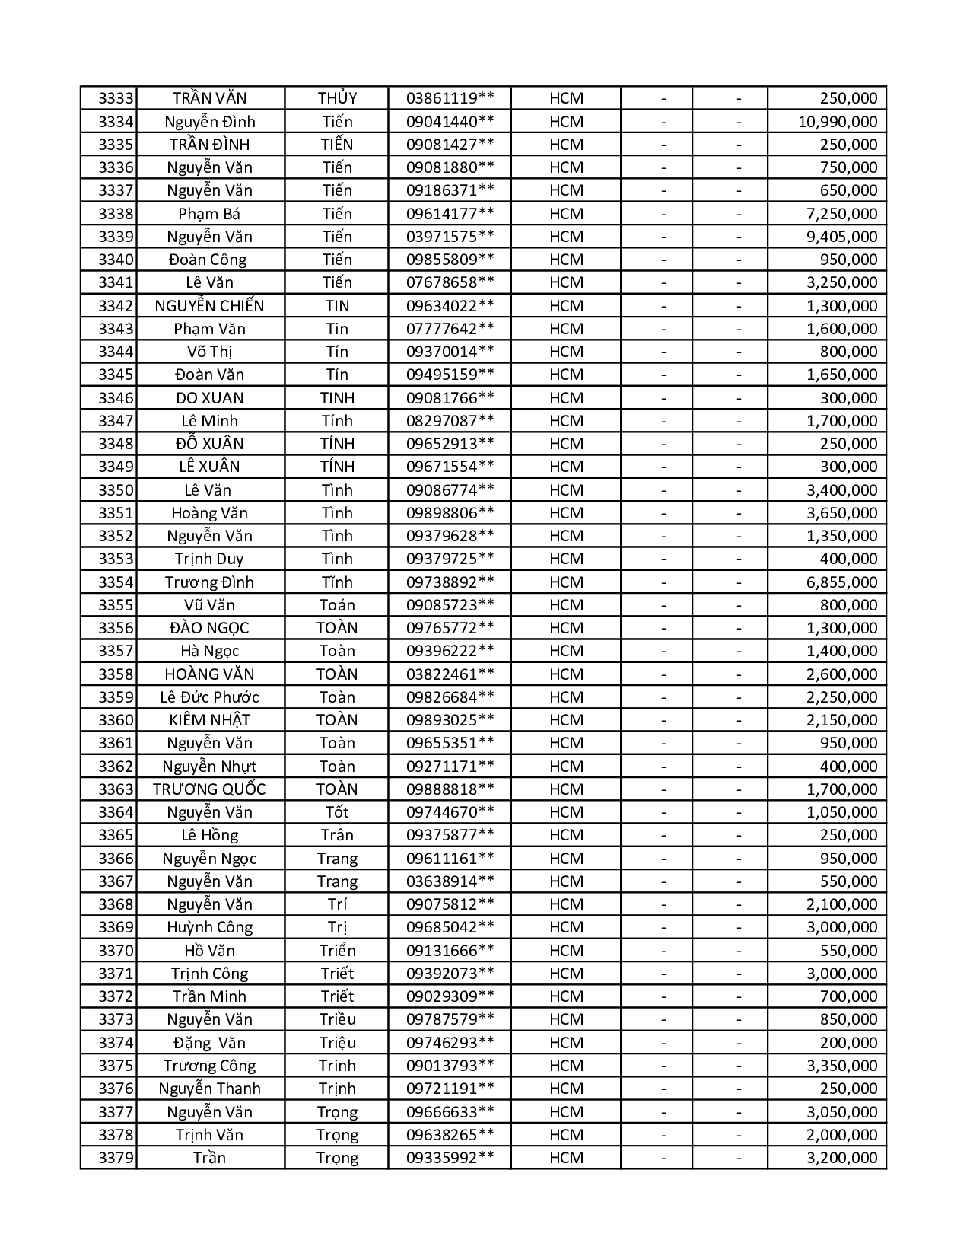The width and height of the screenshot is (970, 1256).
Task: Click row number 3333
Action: point(116,98)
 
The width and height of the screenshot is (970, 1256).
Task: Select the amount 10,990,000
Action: point(838,122)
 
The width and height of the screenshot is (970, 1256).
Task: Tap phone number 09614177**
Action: point(450,214)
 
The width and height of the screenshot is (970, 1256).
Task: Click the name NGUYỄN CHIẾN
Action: point(209,306)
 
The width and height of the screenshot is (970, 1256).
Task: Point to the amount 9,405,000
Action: point(841,237)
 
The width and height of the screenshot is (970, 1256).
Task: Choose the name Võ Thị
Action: point(209,352)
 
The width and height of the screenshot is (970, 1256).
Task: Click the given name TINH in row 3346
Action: point(337,398)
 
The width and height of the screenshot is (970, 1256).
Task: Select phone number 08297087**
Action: point(450,421)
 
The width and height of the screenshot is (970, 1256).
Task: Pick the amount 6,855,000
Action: point(841,582)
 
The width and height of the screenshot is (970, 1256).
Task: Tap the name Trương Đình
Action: point(209,582)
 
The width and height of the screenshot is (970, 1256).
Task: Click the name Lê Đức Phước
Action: point(209,697)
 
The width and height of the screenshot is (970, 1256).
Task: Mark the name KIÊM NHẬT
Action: point(209,720)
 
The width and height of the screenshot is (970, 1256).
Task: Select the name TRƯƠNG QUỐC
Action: point(209,789)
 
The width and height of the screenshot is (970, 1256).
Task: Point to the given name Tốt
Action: point(337,812)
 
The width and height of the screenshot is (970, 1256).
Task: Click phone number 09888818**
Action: point(450,789)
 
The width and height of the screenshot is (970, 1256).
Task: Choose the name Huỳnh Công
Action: point(209,927)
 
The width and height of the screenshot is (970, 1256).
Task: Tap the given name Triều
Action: point(337,1019)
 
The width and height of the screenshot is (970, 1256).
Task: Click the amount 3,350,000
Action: point(841,1066)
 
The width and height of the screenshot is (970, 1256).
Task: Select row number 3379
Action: point(116,1158)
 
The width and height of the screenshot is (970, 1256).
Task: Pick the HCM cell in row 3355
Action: point(566,605)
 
